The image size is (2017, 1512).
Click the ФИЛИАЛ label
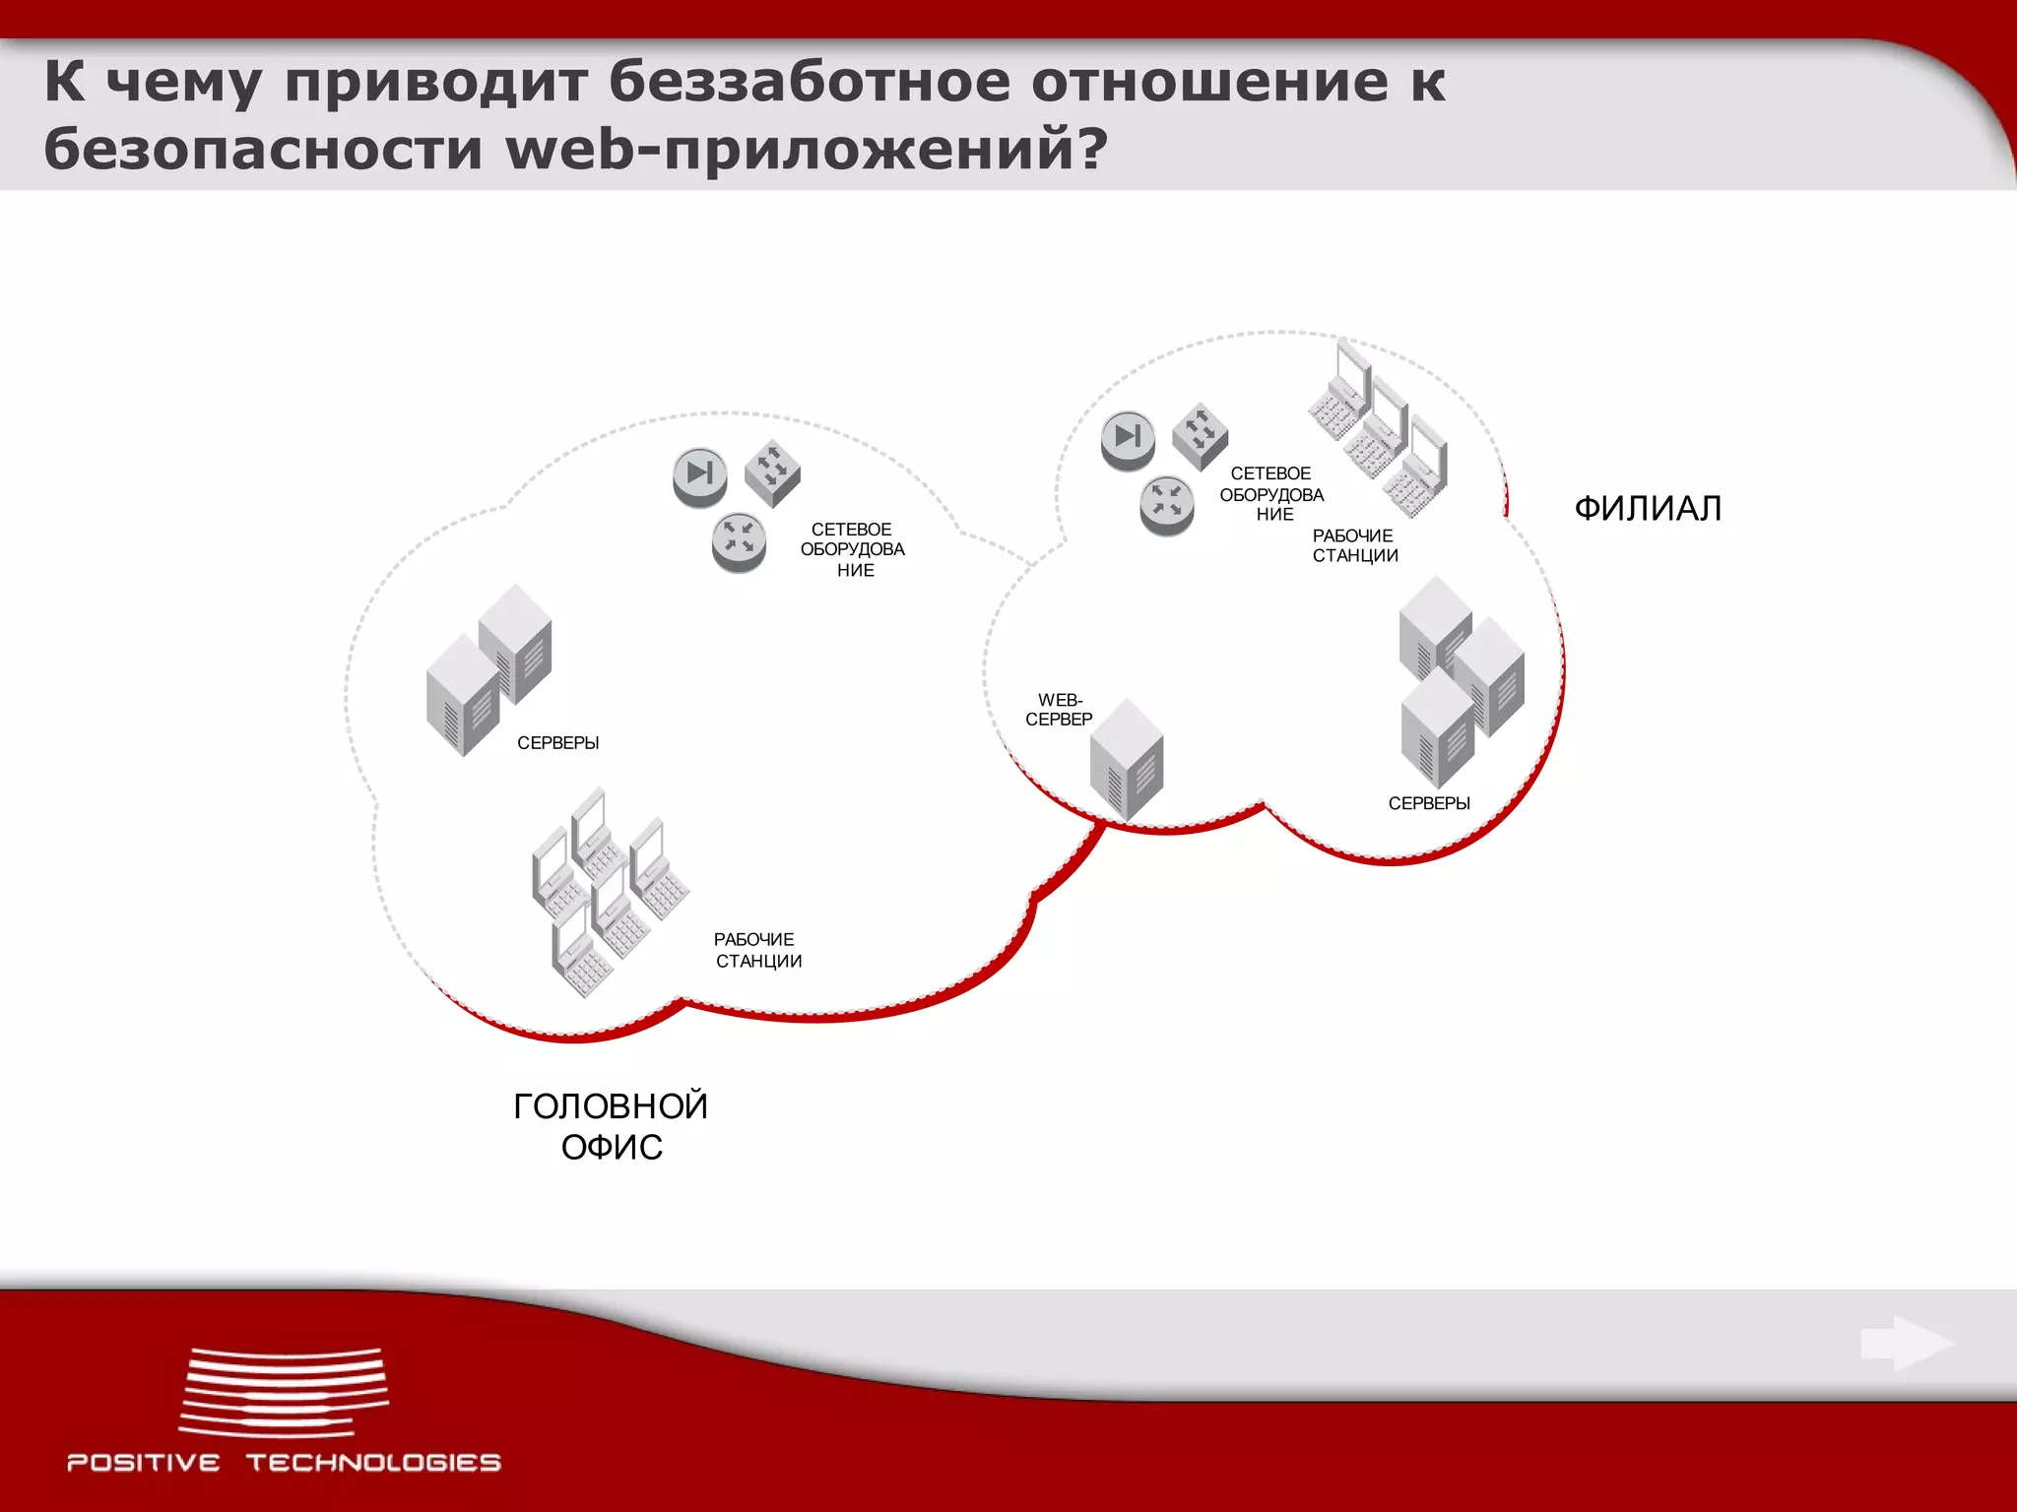[1648, 509]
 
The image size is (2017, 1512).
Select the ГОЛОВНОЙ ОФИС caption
[611, 1126]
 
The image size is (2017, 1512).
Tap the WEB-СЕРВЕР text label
[1059, 710]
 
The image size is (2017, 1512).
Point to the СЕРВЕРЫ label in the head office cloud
[557, 743]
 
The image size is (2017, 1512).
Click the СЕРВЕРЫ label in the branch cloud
[1429, 803]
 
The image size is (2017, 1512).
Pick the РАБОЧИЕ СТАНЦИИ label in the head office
[757, 950]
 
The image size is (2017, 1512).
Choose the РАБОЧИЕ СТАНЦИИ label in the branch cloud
[1354, 545]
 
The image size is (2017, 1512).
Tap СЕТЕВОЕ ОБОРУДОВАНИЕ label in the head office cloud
[853, 549]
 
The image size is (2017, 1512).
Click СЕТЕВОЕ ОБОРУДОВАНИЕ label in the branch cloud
[1271, 494]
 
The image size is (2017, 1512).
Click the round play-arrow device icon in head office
[700, 476]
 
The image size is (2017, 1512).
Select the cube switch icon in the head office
[772, 472]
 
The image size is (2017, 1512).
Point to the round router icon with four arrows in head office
[739, 541]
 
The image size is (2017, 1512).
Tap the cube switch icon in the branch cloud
[1200, 436]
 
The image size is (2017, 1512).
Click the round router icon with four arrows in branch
[1167, 505]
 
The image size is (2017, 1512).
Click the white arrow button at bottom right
[1907, 1343]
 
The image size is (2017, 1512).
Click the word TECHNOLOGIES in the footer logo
[373, 1463]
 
